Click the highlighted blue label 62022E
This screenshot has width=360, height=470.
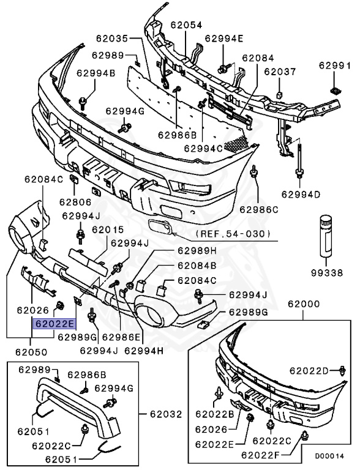[55, 324]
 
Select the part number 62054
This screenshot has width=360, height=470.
[186, 25]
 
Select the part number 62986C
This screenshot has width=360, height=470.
[259, 209]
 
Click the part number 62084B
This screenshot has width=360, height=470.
[197, 266]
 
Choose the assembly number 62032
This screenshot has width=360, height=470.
[165, 414]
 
